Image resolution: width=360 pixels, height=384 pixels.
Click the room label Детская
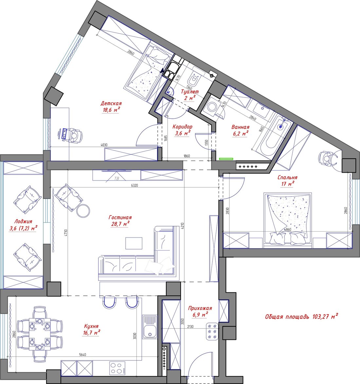coord(111,103)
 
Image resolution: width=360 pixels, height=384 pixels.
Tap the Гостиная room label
coord(120,218)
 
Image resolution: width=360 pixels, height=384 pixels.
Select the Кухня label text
coord(91,326)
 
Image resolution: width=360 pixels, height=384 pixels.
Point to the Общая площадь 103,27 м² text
coord(301,316)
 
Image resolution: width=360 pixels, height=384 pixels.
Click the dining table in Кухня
coord(40,334)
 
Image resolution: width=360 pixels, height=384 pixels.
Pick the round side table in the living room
coord(83,210)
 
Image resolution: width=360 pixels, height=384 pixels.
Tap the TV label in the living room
coord(117,179)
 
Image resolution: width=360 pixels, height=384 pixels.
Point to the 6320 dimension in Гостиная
coord(135,185)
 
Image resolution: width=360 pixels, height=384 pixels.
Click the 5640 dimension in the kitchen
coord(82,355)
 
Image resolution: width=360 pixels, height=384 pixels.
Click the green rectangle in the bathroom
coord(226,159)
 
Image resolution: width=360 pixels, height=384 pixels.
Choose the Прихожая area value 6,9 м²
coord(200,314)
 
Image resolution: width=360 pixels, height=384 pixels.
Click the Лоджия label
coord(23,222)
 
